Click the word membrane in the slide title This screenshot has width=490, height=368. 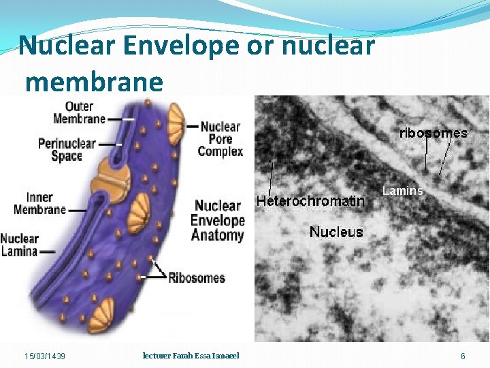[x=94, y=82]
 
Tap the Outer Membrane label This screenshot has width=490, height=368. [x=80, y=112]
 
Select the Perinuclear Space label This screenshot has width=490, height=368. [x=67, y=149]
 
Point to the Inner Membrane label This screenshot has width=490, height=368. [x=40, y=202]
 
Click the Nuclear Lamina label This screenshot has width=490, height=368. [x=20, y=245]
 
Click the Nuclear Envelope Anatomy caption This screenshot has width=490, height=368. [x=218, y=220]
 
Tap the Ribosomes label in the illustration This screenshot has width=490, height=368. [x=197, y=277]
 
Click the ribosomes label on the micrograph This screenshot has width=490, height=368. [x=433, y=133]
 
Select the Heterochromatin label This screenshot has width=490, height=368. [x=310, y=201]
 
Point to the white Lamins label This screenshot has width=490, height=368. [x=403, y=191]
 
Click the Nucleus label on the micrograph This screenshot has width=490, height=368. [x=336, y=232]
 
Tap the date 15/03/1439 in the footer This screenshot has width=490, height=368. [x=45, y=356]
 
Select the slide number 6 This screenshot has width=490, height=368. [x=463, y=356]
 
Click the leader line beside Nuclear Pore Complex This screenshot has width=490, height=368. [x=191, y=127]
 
